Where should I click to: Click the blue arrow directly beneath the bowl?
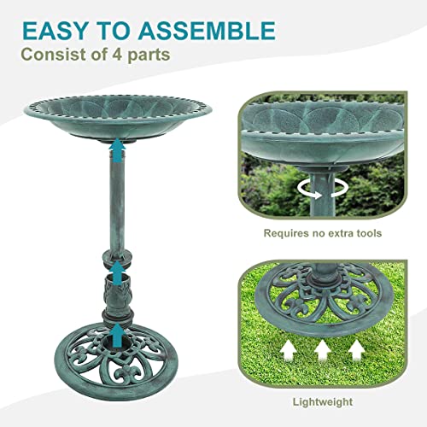[x=116, y=152]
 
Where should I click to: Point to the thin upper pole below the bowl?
[x=116, y=205]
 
